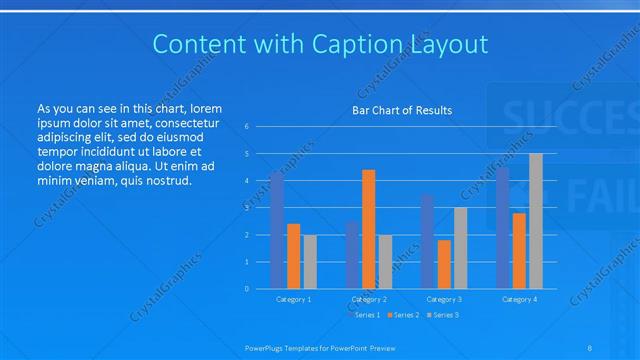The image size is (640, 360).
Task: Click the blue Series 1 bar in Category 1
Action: [277, 230]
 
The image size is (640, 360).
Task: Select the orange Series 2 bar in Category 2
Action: [368, 229]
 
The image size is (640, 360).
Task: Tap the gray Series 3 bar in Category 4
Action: [535, 221]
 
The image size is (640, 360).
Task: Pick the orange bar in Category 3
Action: [443, 264]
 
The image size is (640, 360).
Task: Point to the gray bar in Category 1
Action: [310, 262]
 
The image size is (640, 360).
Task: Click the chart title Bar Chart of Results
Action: [402, 110]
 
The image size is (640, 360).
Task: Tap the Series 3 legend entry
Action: [443, 315]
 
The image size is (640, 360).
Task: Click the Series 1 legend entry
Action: [367, 315]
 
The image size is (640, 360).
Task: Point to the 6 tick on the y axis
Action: [247, 127]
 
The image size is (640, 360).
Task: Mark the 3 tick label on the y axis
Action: [247, 208]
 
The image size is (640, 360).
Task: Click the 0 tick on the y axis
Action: [247, 289]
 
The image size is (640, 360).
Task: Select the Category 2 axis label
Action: [369, 299]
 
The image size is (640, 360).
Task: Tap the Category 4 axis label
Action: [519, 299]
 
